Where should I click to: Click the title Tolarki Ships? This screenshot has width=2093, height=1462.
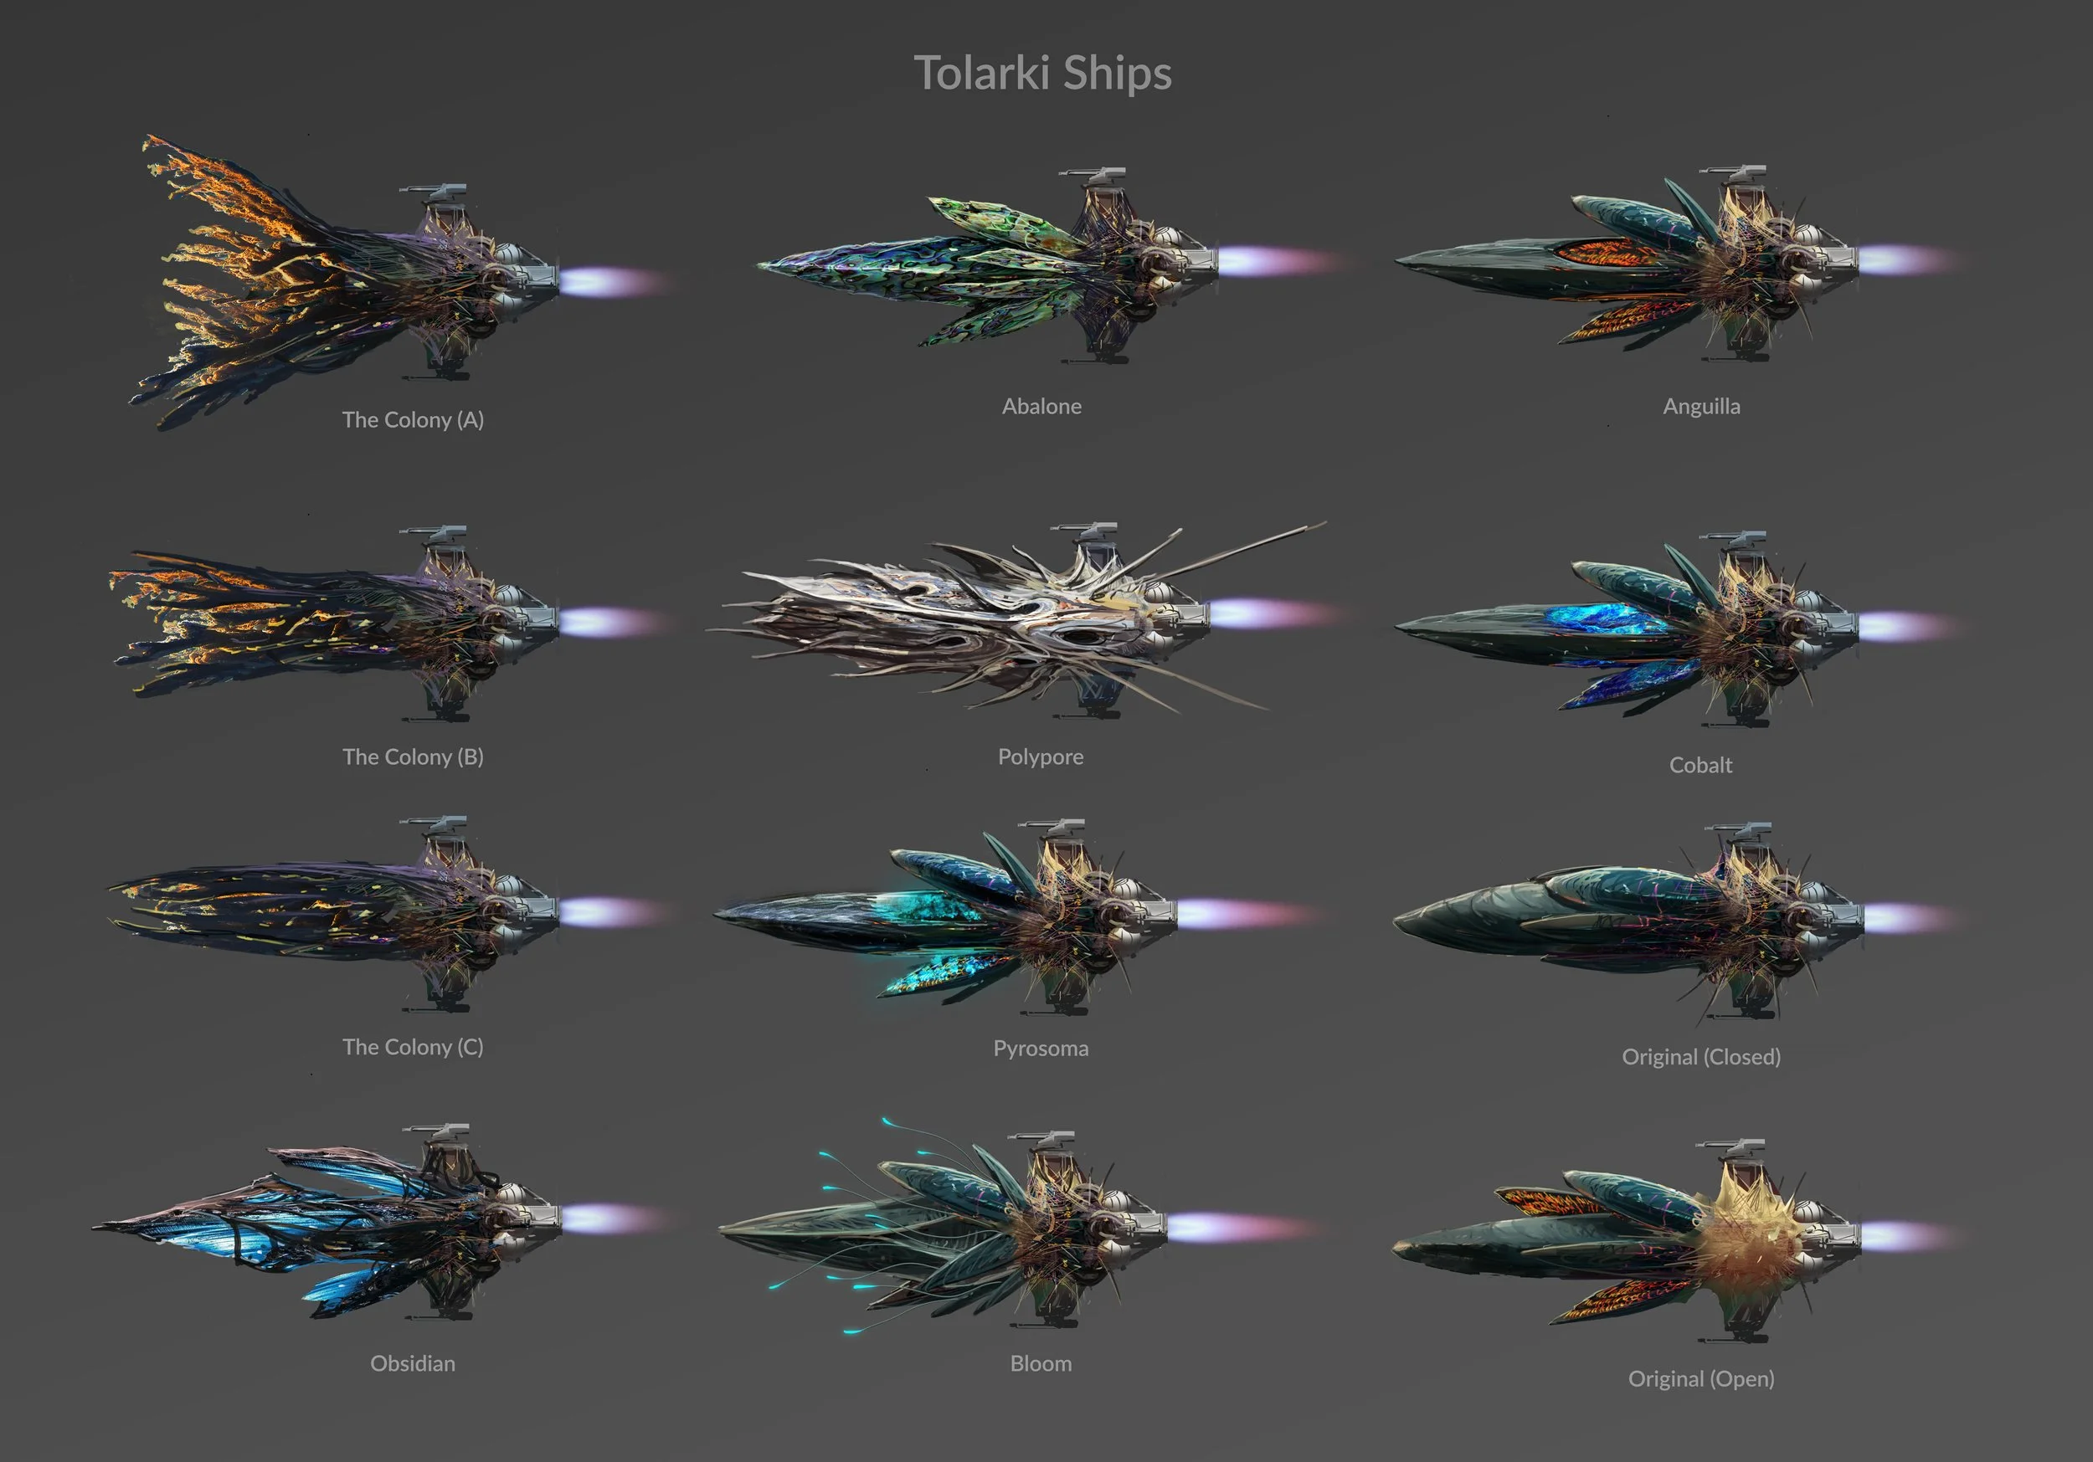[1042, 73]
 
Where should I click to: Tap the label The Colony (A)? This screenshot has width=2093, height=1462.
[412, 419]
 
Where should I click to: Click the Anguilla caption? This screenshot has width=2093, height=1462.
[1701, 406]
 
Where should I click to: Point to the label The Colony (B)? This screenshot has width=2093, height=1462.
[412, 757]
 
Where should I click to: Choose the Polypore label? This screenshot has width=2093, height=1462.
[1040, 757]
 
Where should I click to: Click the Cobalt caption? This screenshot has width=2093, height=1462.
[1700, 765]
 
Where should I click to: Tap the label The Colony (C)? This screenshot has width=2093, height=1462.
[412, 1046]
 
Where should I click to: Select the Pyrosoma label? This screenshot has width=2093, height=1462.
[1040, 1049]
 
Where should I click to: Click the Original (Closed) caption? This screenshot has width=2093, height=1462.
[1700, 1056]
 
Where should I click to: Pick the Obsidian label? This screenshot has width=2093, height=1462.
[412, 1362]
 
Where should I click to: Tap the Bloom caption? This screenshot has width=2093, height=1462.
[1040, 1362]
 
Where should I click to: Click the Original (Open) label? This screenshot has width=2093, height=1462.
[1700, 1378]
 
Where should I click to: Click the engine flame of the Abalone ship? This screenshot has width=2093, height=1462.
[1272, 263]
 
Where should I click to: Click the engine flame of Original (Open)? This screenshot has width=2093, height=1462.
[1900, 1236]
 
